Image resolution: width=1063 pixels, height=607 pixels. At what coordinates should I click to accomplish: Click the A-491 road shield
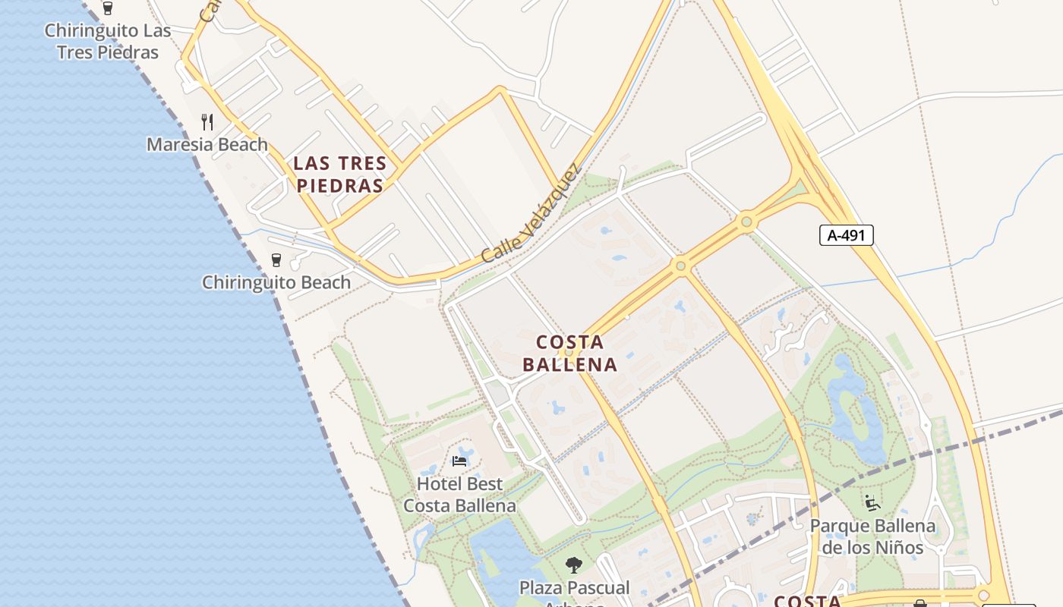coord(847,235)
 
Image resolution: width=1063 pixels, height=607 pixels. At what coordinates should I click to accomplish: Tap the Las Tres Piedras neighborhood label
coord(340,175)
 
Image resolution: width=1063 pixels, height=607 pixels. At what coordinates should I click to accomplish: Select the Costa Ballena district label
coord(570,354)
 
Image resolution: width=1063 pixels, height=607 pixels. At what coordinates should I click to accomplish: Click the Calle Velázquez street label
coord(531,214)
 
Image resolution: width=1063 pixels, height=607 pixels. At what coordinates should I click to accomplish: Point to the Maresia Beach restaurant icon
coord(207,121)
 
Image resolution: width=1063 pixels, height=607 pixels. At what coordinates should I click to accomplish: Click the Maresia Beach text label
coord(207,144)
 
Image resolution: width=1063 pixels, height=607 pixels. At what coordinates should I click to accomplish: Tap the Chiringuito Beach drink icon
coord(276,260)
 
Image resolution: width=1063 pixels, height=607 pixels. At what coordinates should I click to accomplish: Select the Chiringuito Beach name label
coord(276,282)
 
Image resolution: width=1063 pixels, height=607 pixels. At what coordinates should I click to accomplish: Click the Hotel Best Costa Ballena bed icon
coord(459,461)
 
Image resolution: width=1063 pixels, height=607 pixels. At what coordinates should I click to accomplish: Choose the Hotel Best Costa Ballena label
coord(459,495)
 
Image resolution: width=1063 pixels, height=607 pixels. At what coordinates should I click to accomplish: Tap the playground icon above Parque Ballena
coord(872,502)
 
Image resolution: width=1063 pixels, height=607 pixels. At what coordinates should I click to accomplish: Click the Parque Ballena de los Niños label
coord(872,536)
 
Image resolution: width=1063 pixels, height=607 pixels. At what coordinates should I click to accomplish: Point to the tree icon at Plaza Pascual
coord(574,565)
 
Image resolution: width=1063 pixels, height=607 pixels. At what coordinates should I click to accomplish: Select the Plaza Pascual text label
coord(574,588)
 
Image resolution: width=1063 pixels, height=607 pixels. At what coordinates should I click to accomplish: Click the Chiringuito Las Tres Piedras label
coord(107,42)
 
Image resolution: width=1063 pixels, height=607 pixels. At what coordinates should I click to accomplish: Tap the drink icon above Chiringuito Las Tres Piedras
coord(107,8)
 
